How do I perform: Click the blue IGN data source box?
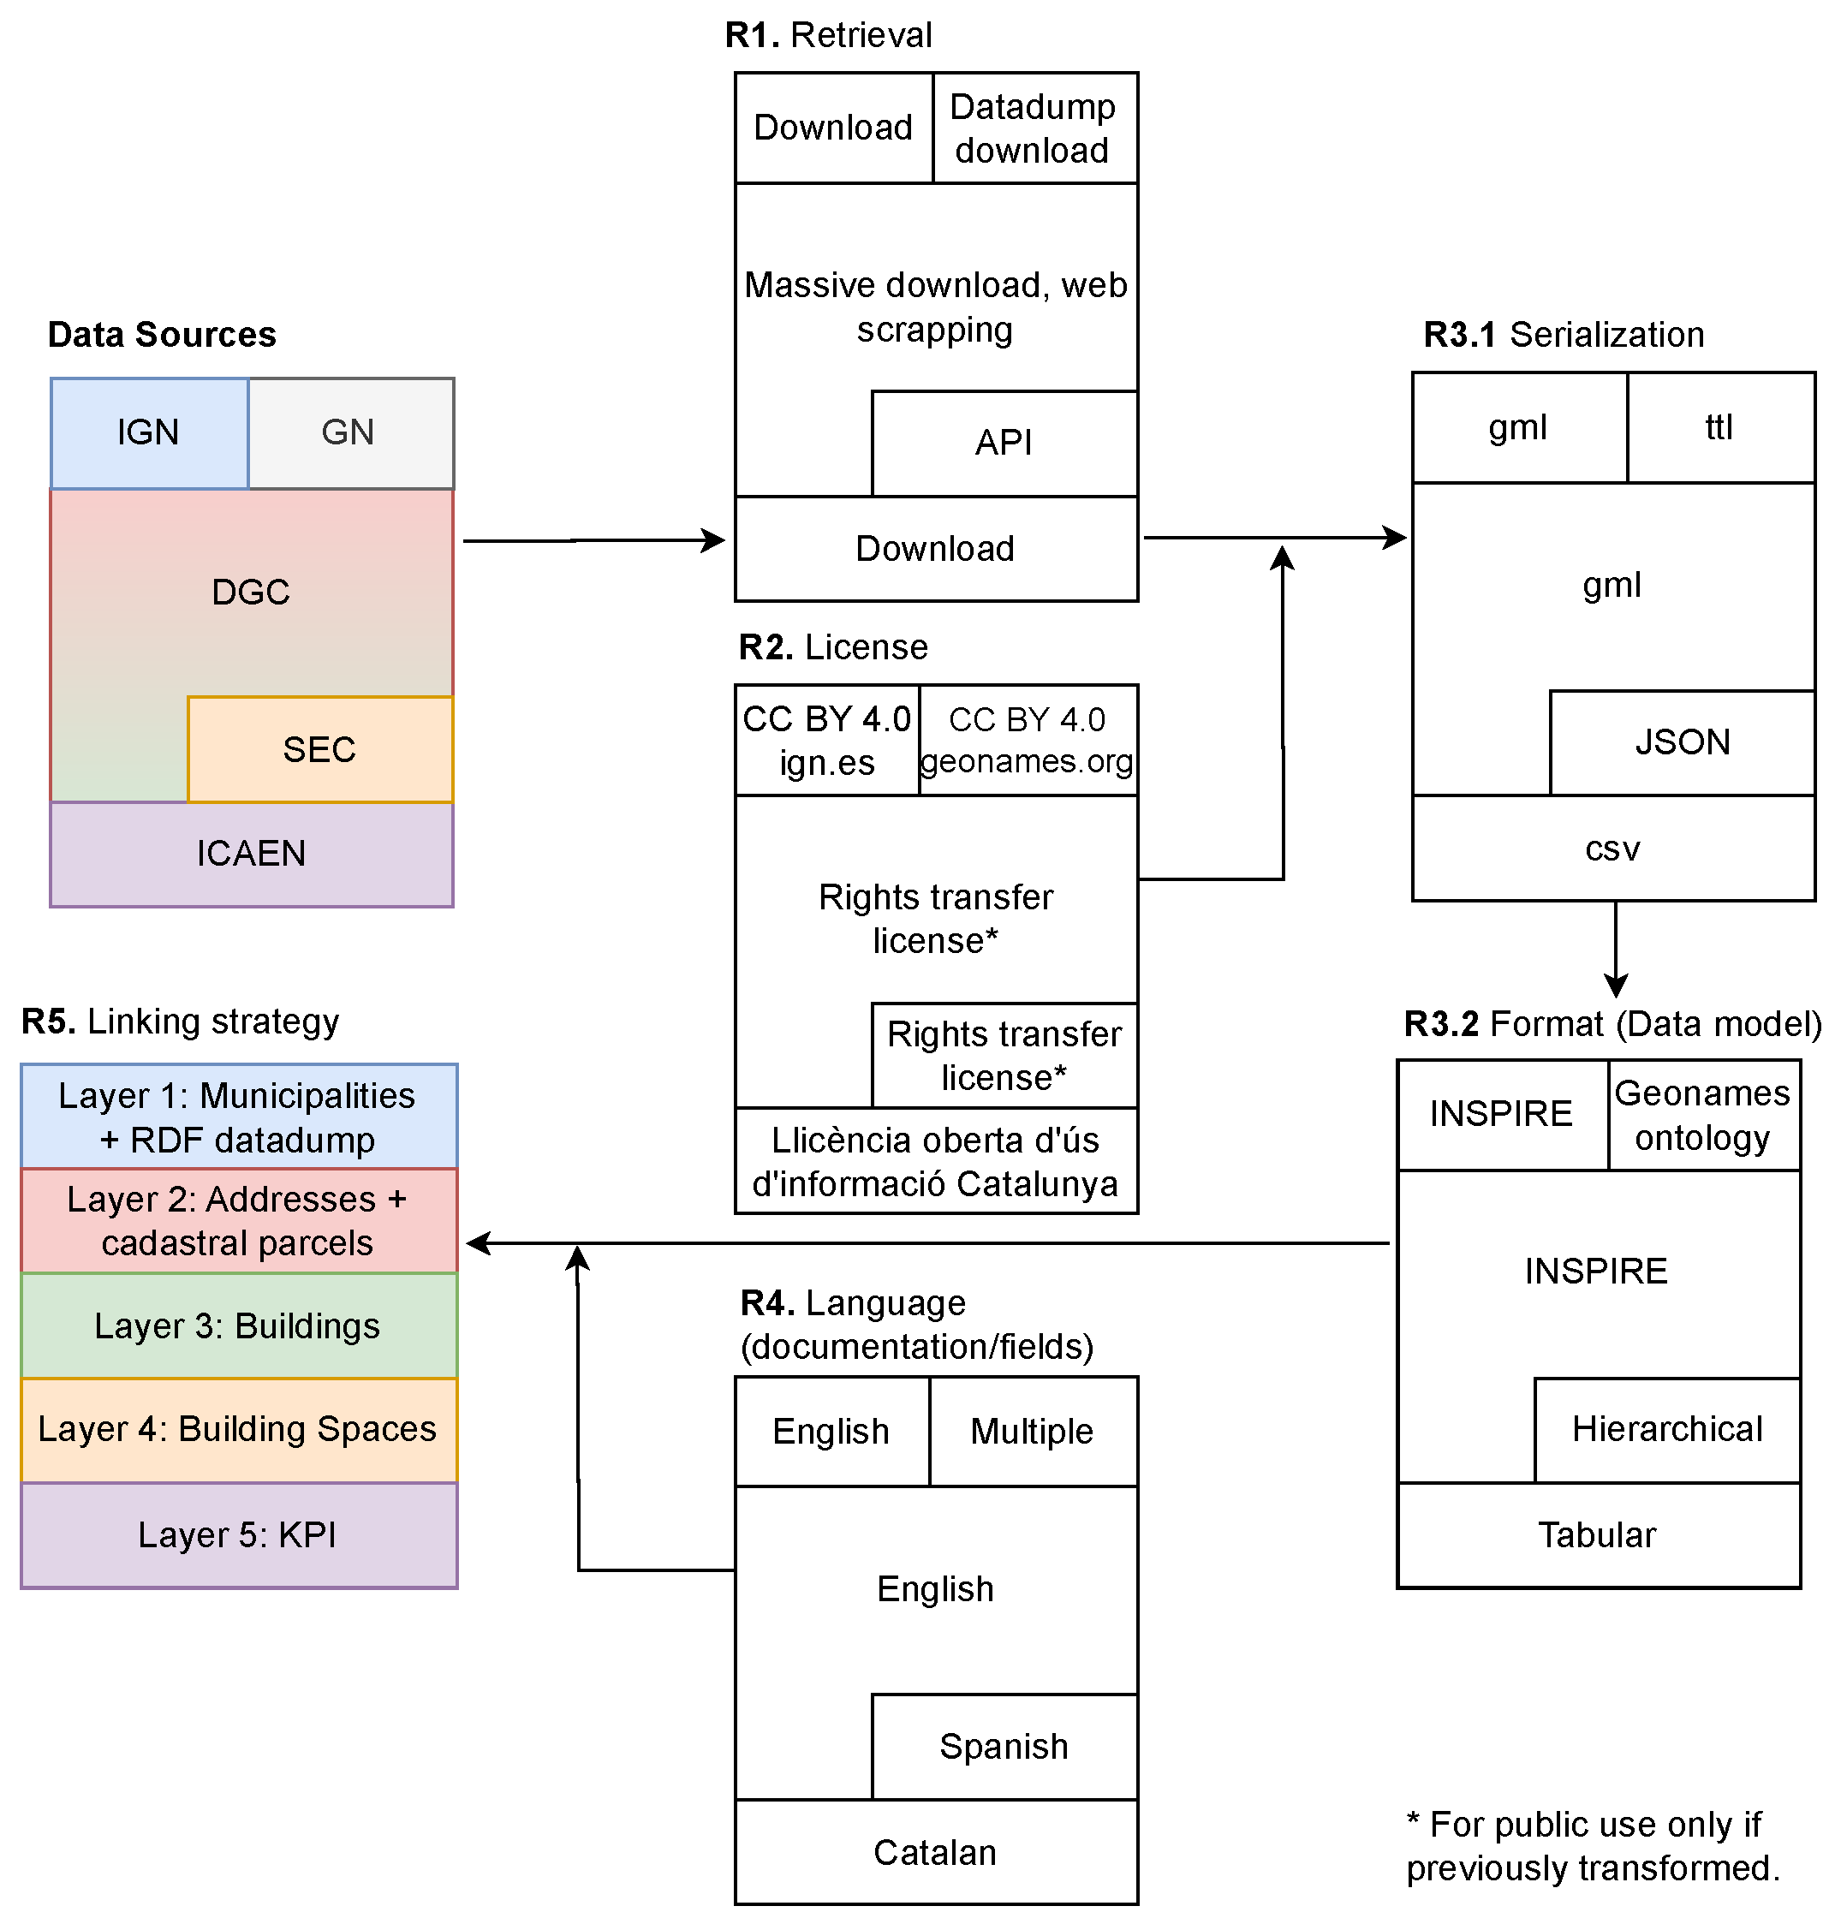point(149,432)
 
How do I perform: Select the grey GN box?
point(350,432)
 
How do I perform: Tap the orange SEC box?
point(320,749)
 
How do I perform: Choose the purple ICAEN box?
point(252,854)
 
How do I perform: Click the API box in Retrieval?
point(1004,443)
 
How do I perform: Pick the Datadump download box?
point(1034,128)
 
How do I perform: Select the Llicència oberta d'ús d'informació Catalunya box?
point(936,1161)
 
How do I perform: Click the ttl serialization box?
point(1719,427)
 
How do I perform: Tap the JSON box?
point(1683,742)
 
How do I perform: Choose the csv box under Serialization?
point(1613,848)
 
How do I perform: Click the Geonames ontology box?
point(1703,1115)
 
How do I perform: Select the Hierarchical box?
point(1667,1429)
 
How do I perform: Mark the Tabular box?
point(1597,1534)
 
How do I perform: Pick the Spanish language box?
point(1004,1746)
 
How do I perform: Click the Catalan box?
point(936,1851)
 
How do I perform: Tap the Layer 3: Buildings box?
point(239,1325)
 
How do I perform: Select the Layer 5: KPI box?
point(239,1534)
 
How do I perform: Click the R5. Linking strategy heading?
point(180,1022)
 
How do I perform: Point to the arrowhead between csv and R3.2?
point(1616,986)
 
